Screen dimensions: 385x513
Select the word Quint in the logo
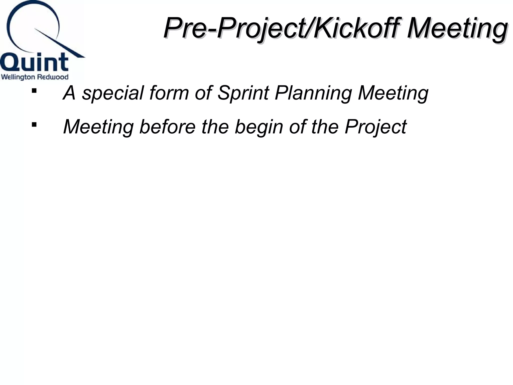(34, 62)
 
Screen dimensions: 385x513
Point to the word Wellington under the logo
(18, 77)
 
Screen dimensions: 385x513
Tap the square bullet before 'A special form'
(34, 90)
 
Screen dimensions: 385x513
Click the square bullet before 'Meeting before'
(34, 124)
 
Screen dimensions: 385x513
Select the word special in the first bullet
(113, 93)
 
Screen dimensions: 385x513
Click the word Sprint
(243, 93)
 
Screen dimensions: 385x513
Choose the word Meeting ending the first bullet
(393, 93)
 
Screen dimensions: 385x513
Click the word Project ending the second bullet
(375, 127)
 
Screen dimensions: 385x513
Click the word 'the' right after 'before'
(215, 127)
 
